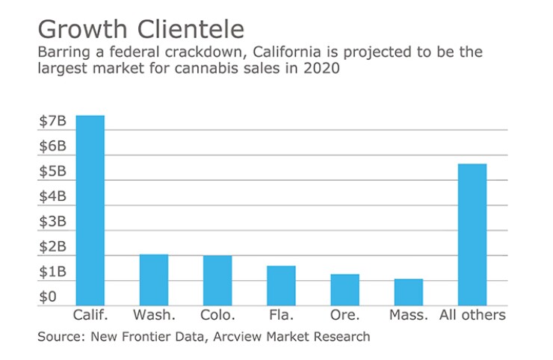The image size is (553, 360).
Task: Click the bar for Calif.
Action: pyautogui.click(x=90, y=210)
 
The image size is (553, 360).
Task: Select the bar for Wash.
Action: pyautogui.click(x=154, y=279)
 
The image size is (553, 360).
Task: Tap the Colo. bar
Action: pyautogui.click(x=217, y=280)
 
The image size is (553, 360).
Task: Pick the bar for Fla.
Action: pyautogui.click(x=281, y=285)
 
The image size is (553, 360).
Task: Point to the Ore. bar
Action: pyautogui.click(x=345, y=290)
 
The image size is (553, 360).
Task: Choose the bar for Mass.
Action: pyautogui.click(x=408, y=292)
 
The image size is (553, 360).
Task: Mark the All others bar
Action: pyautogui.click(x=472, y=234)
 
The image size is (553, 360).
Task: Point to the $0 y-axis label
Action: pyautogui.click(x=48, y=297)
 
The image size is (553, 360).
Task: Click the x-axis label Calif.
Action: pyautogui.click(x=90, y=314)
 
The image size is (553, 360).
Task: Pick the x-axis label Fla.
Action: pyautogui.click(x=281, y=314)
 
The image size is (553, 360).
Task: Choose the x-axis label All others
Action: pyautogui.click(x=472, y=314)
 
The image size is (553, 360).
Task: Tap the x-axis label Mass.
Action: pyautogui.click(x=409, y=314)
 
